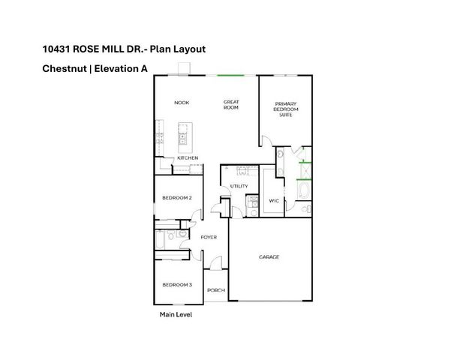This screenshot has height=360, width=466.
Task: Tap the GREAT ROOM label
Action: click(x=231, y=104)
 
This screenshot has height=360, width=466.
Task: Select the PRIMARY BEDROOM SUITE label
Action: click(x=286, y=109)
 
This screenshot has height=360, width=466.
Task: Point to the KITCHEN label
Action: click(x=188, y=158)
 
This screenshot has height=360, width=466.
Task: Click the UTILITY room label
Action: click(x=239, y=185)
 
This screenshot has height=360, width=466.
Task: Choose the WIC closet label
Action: click(x=274, y=200)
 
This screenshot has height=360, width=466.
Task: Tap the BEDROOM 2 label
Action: click(x=177, y=198)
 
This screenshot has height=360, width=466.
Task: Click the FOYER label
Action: click(x=209, y=237)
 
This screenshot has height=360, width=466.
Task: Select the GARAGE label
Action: click(x=269, y=257)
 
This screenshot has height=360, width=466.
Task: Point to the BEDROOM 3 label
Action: click(x=177, y=285)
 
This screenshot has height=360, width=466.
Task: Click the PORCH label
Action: click(x=216, y=290)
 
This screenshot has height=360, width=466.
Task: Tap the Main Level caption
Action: click(x=176, y=315)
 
